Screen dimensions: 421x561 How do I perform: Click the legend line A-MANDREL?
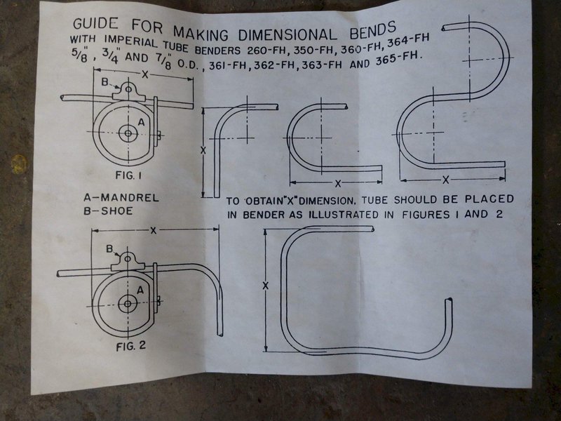[x=121, y=198]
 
